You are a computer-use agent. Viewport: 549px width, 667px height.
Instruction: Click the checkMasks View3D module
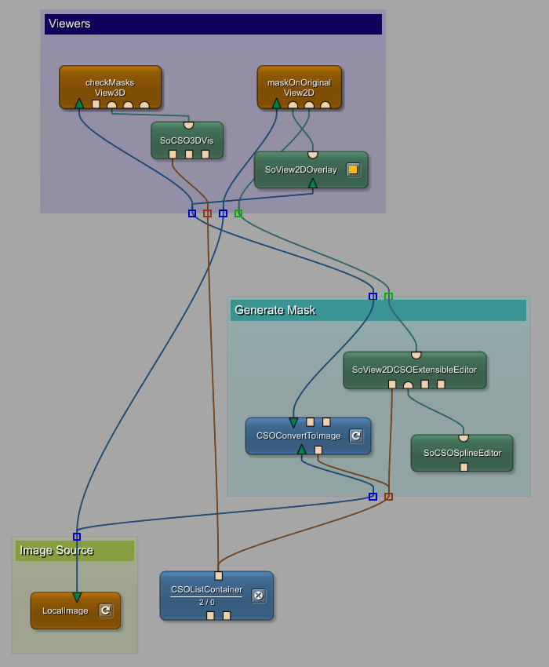[x=110, y=86]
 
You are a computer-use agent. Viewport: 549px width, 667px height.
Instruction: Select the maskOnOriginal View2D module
[x=299, y=86]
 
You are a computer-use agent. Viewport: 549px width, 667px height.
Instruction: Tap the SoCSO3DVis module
[x=187, y=140]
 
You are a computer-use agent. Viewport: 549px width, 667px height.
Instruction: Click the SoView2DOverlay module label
[x=300, y=169]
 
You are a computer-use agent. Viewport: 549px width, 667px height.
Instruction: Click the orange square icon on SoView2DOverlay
[x=353, y=169]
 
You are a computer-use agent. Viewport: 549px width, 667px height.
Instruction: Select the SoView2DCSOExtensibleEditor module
[x=414, y=370]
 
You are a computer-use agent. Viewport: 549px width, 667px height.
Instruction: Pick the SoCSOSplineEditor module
[x=461, y=453]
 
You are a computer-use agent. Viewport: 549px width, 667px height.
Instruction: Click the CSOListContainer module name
[x=206, y=589]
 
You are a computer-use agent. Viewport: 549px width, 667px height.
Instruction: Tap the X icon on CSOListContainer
[x=259, y=596]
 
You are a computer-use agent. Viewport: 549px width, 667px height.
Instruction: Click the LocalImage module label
[x=65, y=611]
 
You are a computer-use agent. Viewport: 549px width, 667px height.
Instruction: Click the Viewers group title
[x=70, y=24]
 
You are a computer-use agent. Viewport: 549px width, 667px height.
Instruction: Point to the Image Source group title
[x=56, y=550]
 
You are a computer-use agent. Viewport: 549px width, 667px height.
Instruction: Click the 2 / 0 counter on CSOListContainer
[x=206, y=602]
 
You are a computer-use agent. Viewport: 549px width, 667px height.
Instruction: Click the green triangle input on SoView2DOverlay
[x=313, y=184]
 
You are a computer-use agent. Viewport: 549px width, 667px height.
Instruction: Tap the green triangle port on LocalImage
[x=77, y=597]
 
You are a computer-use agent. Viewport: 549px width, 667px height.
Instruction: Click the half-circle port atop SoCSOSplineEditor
[x=464, y=438]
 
